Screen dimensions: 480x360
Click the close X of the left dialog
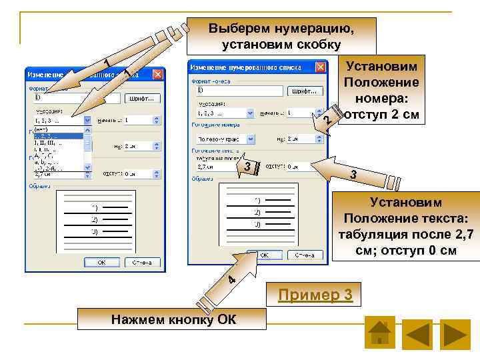(157, 75)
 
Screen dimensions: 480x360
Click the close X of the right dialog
(321, 67)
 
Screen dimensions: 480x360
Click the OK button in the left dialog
(102, 262)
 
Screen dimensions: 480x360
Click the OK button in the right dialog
(265, 255)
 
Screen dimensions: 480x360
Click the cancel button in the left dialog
(141, 262)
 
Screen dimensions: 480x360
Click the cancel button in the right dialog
(304, 255)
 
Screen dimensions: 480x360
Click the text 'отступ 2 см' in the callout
(381, 113)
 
